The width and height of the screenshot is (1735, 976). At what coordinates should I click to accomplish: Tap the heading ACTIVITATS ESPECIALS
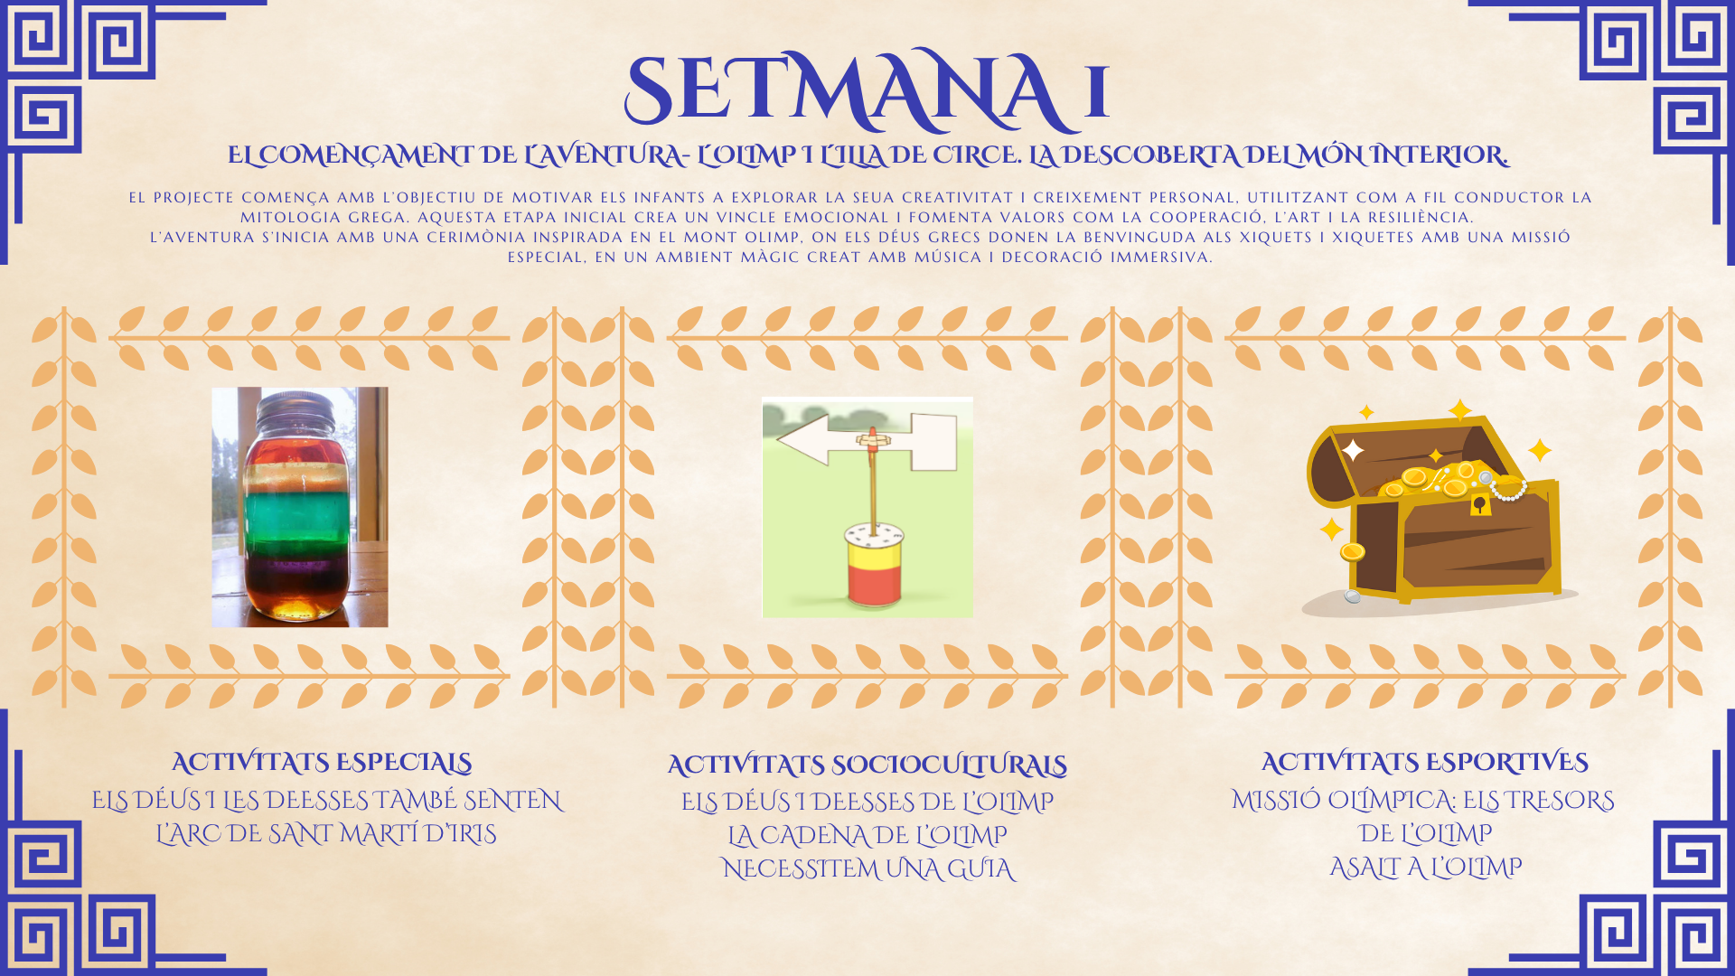coord(322,763)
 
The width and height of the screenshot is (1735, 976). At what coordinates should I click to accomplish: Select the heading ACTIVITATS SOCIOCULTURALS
coord(867,765)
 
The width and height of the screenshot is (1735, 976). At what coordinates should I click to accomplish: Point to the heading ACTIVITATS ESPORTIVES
coord(1425,763)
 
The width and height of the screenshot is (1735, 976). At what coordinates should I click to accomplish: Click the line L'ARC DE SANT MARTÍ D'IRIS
coord(326,833)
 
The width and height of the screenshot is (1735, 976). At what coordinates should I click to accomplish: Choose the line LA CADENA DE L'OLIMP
coord(867,835)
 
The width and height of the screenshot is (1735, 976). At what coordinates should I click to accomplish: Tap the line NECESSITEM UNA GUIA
coord(868,868)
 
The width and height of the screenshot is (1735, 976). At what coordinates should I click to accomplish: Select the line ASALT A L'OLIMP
coord(1426,868)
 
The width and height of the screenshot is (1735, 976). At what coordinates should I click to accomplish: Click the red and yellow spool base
coord(875,566)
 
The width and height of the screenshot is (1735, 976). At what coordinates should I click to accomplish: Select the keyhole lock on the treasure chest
coord(1480,503)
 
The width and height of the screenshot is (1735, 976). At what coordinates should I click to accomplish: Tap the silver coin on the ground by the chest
coord(1352,596)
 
